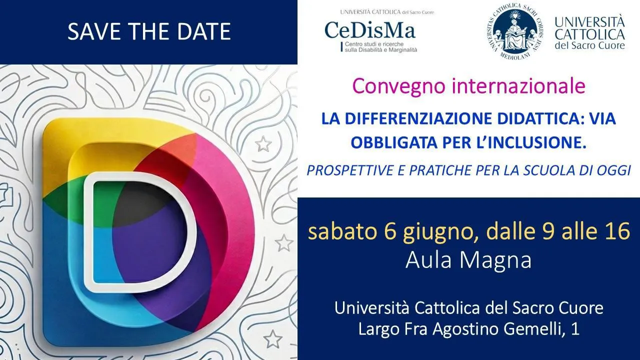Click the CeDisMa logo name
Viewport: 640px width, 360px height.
point(370,30)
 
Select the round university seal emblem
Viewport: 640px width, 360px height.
point(514,31)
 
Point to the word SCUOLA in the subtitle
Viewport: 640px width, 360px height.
point(549,170)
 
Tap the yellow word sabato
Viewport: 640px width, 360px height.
point(342,231)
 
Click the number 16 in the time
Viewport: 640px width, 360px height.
point(617,231)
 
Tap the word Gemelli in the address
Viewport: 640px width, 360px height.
point(533,328)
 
